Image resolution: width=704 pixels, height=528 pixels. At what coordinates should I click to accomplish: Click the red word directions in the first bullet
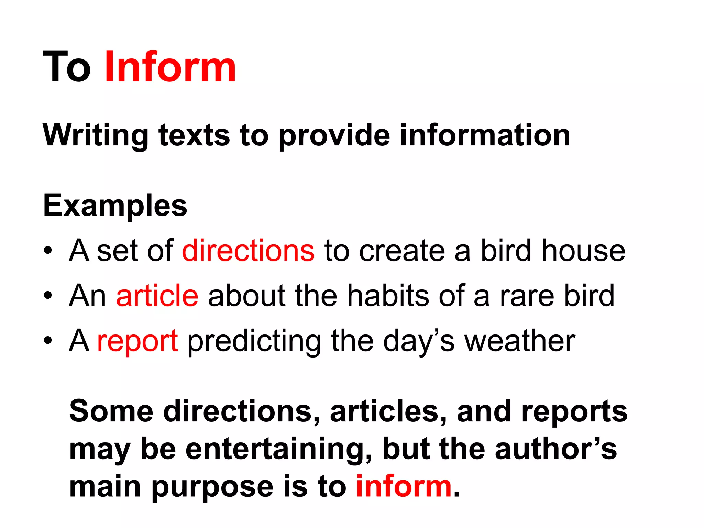coord(248,251)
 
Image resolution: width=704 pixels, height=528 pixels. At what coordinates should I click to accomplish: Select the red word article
coord(157,296)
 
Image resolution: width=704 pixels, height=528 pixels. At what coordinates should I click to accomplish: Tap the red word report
coord(137,341)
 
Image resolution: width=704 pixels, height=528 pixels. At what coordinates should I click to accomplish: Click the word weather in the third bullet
coord(520,341)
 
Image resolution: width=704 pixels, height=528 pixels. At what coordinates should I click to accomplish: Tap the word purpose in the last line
coord(212,488)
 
